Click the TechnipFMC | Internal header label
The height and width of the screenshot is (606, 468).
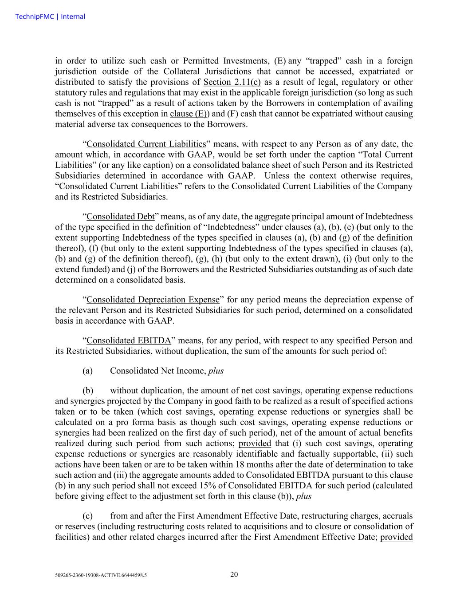coord(50,16)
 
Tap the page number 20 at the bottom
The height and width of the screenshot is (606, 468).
coord(234,574)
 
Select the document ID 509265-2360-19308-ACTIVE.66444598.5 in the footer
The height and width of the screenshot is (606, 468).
coord(101,575)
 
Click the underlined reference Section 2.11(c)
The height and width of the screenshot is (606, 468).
coord(232,82)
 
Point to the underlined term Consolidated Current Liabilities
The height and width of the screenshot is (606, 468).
coord(146,144)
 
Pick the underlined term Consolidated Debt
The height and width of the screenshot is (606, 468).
coord(120,217)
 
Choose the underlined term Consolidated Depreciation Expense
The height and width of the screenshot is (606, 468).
coord(153,300)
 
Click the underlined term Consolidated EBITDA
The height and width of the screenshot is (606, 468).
coord(128,341)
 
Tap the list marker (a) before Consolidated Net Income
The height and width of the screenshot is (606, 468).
coord(87,371)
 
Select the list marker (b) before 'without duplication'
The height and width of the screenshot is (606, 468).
coord(87,391)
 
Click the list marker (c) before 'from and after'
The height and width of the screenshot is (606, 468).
coord(87,516)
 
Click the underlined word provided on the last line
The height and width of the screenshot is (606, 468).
coord(396,537)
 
